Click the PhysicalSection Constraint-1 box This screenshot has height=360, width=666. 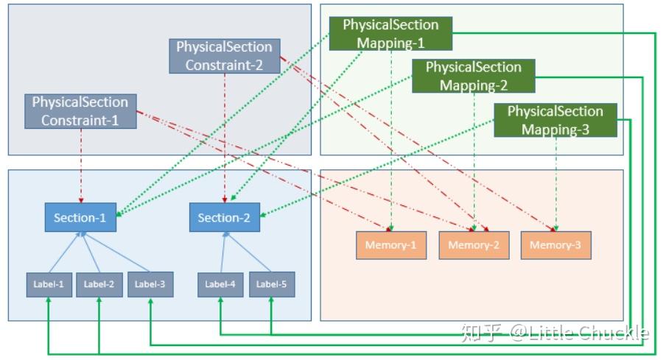coord(80,110)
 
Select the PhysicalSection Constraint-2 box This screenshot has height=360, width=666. coord(224,56)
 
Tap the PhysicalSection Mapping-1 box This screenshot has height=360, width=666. coord(390,34)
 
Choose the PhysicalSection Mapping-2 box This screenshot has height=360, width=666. coord(473,77)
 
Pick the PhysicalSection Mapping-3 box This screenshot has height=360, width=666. coord(555,120)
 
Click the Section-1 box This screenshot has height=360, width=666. coord(80,218)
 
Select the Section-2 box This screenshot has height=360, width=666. coord(225,218)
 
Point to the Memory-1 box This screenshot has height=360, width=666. coord(391,245)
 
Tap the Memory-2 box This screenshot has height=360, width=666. coord(474,245)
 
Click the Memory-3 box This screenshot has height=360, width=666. coord(555,245)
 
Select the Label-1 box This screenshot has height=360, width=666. coord(49,284)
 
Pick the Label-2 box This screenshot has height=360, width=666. coord(99,284)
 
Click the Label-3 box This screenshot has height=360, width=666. coord(150,284)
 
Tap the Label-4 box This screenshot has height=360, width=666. coord(220,284)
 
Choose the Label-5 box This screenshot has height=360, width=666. coord(271,284)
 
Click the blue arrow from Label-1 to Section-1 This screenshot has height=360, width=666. coord(65,253)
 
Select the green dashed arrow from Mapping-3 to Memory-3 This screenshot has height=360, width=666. coord(555,184)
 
